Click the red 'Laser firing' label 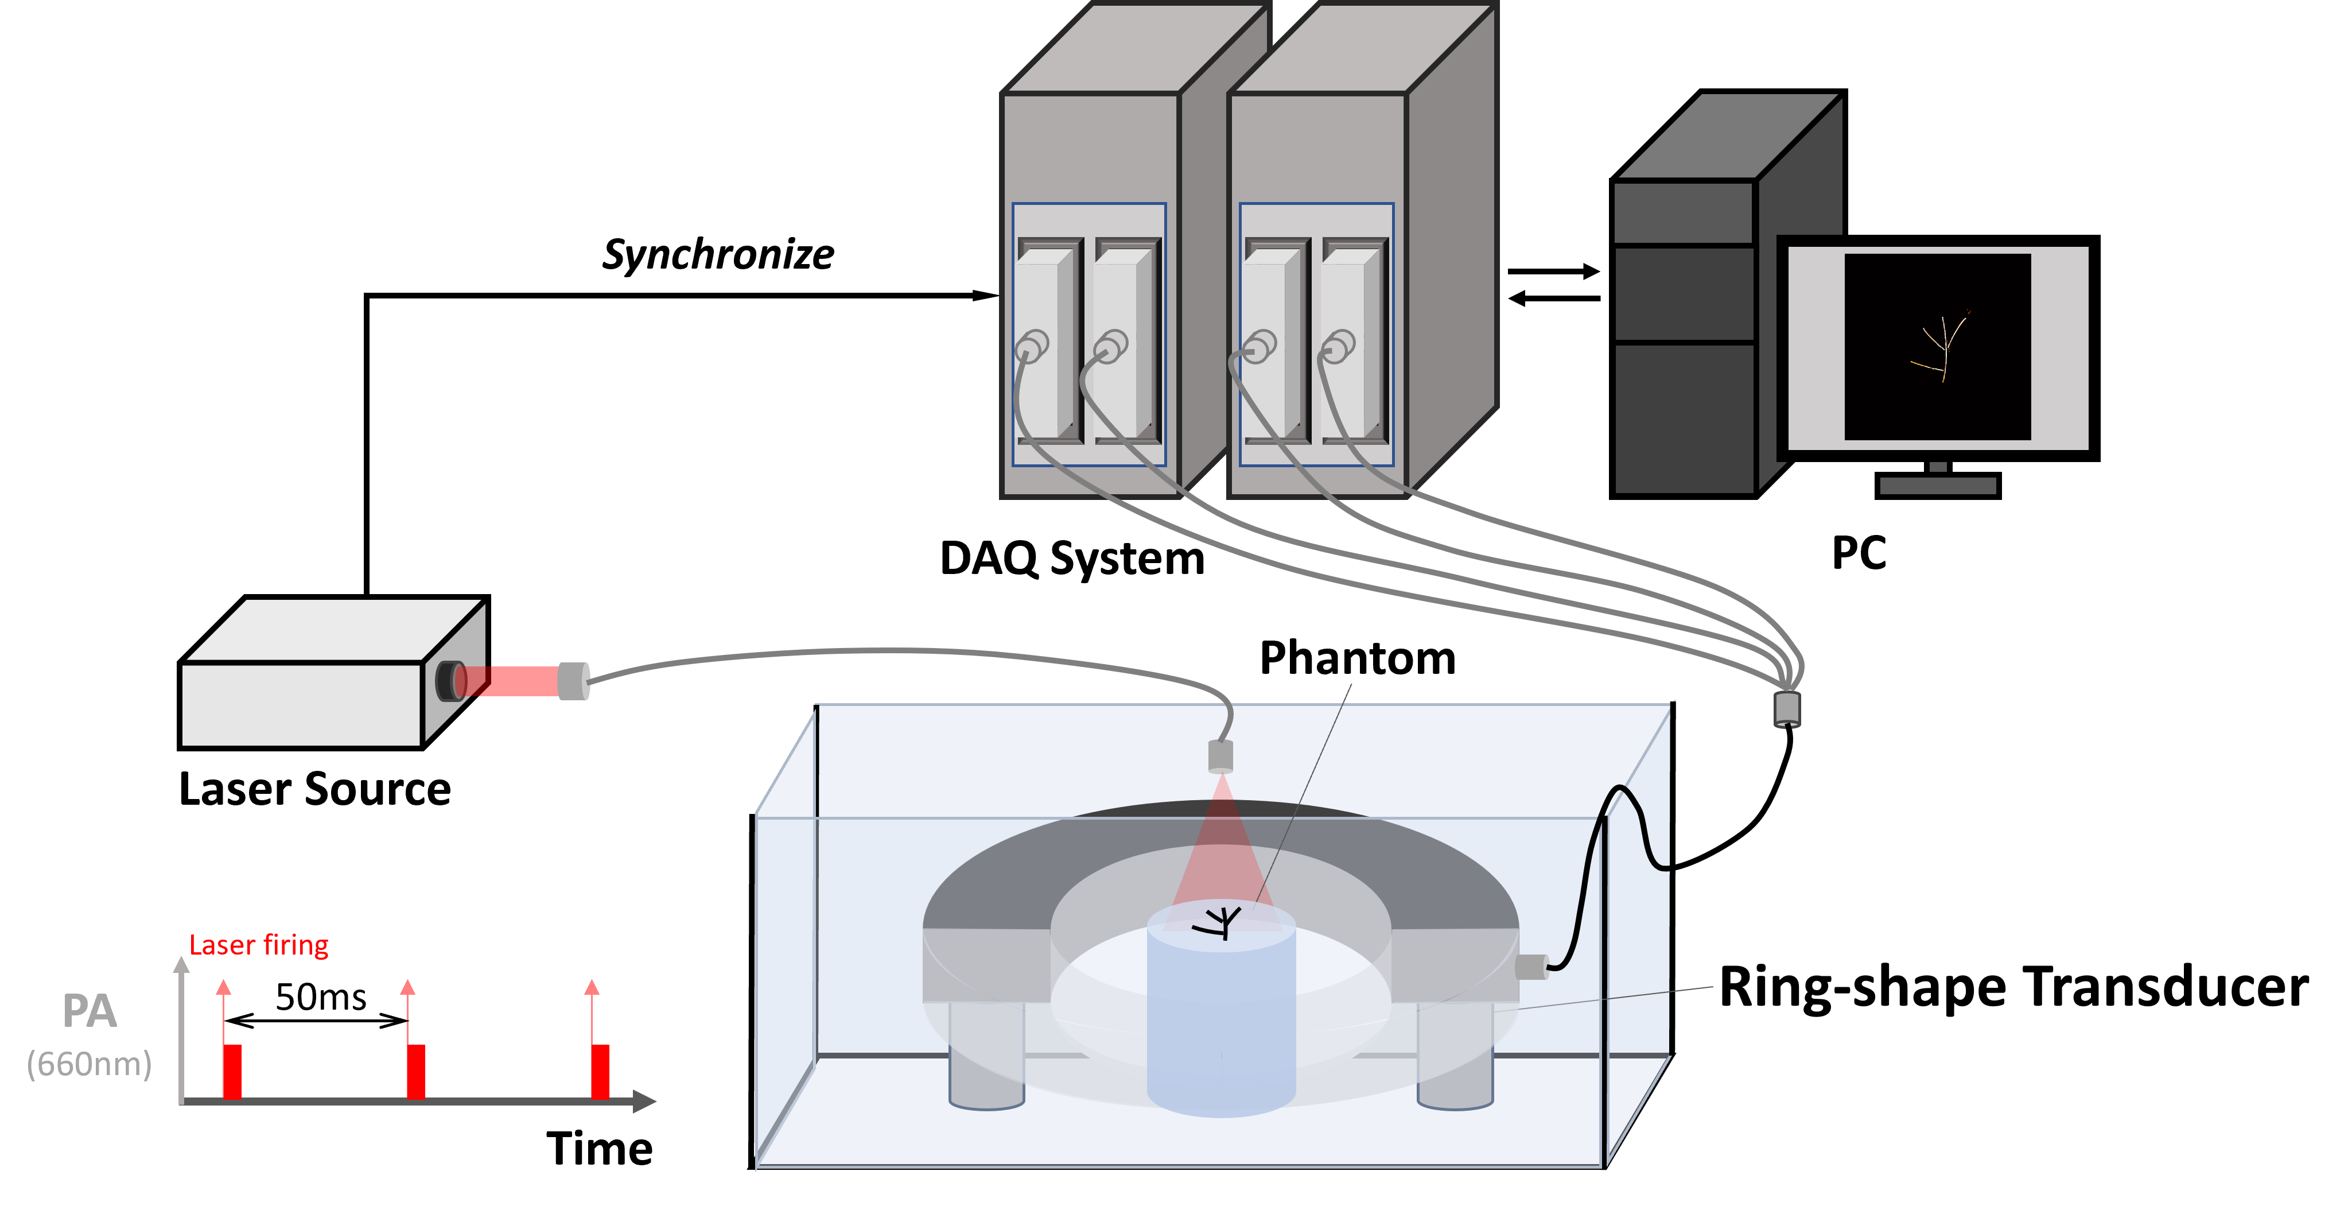click(x=258, y=945)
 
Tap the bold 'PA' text click(x=90, y=1011)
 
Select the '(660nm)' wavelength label click(x=90, y=1064)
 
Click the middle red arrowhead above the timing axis click(x=407, y=987)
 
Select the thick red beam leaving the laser click(x=515, y=680)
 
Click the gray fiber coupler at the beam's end click(x=573, y=680)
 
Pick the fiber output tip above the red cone click(x=1220, y=756)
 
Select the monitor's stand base click(x=1938, y=485)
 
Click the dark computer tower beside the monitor click(x=1686, y=338)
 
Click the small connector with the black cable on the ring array click(x=1531, y=967)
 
